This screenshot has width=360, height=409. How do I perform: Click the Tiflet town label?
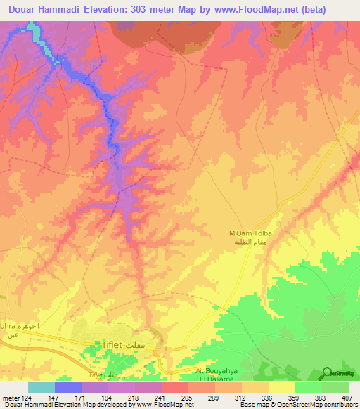pos(109,345)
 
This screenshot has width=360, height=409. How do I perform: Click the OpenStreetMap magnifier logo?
pos(328,374)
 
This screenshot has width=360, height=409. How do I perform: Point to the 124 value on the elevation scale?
pos(27,398)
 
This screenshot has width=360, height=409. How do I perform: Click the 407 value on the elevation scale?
pos(347,398)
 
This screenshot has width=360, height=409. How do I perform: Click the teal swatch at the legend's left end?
pos(41,387)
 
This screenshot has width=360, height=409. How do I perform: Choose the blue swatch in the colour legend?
pos(68,387)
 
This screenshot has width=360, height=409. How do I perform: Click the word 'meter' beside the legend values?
pos(9,398)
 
